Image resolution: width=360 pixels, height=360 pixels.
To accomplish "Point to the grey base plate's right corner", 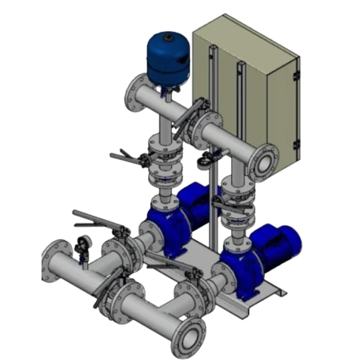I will [x=286, y=291].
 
